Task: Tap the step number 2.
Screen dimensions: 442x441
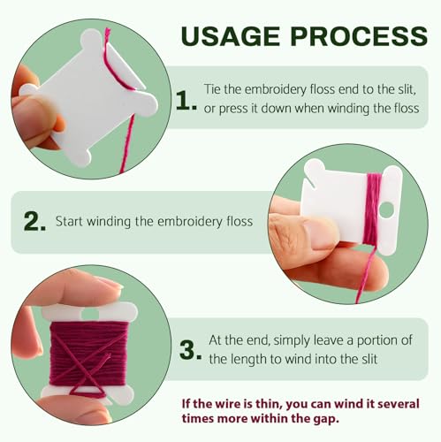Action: [x=34, y=222]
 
